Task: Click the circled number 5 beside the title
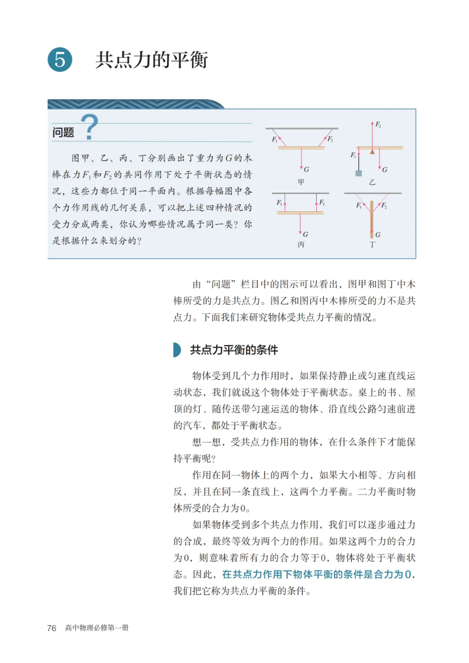pos(60,59)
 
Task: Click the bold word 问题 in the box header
pos(63,132)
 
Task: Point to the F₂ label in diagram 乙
pos(378,125)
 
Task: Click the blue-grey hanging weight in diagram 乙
pos(359,173)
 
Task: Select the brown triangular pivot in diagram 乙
pos(372,152)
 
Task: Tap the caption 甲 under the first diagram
pos(301,182)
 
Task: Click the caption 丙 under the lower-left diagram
pos(301,244)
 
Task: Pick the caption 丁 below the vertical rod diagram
pos(372,244)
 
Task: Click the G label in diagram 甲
pos(307,169)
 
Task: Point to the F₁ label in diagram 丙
pos(279,202)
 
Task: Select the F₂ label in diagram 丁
pos(384,205)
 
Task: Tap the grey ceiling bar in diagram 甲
pos(302,129)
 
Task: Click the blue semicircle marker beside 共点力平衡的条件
pos(177,350)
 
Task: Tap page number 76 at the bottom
pos(52,628)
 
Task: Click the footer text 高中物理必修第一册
pos(97,628)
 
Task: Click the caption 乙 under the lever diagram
pos(372,182)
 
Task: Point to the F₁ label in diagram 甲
pos(274,139)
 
